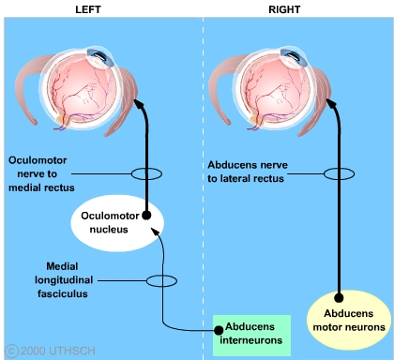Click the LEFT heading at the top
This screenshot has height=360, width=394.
tap(88, 9)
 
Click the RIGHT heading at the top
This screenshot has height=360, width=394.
tap(284, 9)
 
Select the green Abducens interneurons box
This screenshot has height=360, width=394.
tap(251, 336)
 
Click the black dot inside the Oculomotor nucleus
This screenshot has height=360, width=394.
tap(146, 215)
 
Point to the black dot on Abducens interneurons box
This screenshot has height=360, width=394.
tap(219, 330)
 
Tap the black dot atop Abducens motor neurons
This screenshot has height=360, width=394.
tap(339, 298)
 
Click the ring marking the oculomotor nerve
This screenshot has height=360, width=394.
tap(131, 173)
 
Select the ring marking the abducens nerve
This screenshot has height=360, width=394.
tap(324, 173)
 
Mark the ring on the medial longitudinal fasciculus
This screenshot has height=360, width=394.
tap(146, 280)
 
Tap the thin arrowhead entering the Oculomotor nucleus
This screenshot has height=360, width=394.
tap(155, 232)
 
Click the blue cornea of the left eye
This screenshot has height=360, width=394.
tap(100, 57)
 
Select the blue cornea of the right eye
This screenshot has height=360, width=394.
tap(295, 57)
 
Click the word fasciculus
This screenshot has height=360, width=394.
tap(63, 293)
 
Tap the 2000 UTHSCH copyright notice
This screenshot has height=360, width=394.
tap(50, 351)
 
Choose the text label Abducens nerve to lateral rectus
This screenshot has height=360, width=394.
tap(248, 172)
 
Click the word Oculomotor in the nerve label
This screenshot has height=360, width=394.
tap(38, 160)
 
